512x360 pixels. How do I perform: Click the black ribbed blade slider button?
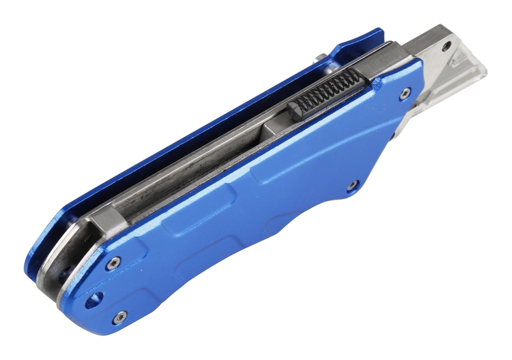328,94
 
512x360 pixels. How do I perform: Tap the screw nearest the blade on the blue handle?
405,93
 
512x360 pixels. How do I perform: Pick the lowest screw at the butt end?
120,317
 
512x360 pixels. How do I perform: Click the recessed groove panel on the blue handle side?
205,241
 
